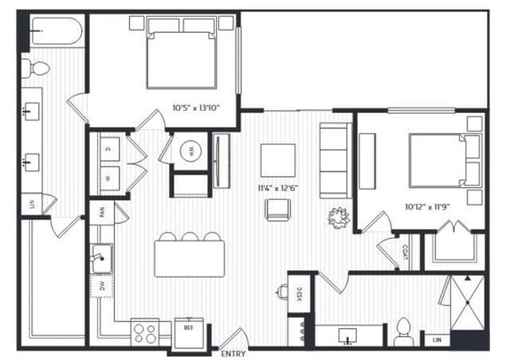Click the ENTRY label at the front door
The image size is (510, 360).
click(x=233, y=353)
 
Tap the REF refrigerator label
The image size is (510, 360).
click(x=189, y=327)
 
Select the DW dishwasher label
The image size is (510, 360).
click(x=101, y=285)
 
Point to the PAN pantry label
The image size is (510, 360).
click(x=102, y=212)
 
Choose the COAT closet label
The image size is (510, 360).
click(x=405, y=252)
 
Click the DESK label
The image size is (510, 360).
click(x=300, y=295)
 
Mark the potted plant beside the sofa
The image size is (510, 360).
click(x=338, y=217)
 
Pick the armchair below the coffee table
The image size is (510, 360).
click(x=277, y=209)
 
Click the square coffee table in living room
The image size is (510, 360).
click(x=277, y=159)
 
